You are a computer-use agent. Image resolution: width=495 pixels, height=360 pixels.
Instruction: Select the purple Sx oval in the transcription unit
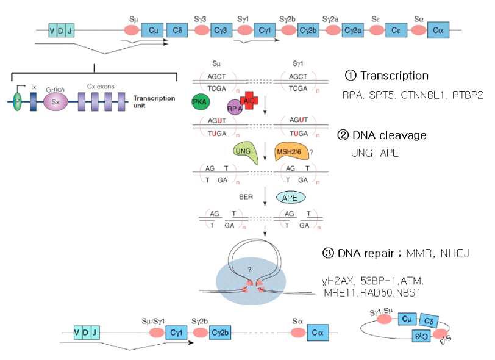[x=55, y=102]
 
